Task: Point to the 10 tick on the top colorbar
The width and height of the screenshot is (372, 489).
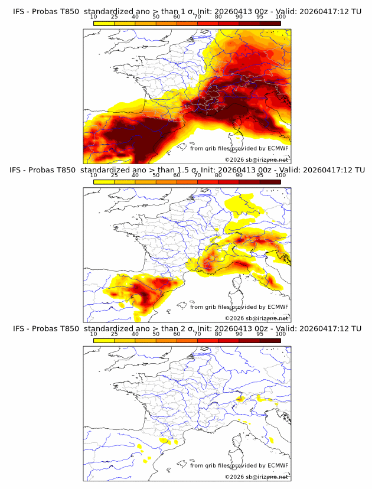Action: tap(94, 17)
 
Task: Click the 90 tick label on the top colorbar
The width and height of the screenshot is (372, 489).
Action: tap(239, 17)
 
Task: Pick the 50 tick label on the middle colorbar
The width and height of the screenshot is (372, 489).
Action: tap(156, 175)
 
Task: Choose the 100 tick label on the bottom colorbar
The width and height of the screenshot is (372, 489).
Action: tap(280, 334)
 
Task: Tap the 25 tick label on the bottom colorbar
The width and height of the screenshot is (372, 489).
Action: tap(115, 334)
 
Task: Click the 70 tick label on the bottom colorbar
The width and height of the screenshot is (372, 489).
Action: tap(197, 334)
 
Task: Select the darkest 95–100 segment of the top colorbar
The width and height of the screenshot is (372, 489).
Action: tap(270, 23)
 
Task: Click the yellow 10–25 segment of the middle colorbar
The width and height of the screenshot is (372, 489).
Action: tap(104, 181)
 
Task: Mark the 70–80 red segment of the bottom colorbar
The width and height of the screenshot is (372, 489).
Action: tap(208, 340)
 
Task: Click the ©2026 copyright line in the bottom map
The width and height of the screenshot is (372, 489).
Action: tap(257, 476)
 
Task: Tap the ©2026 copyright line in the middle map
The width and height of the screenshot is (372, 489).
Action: tap(257, 318)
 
